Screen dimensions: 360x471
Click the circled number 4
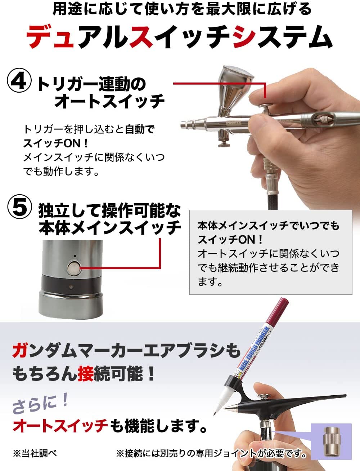coord(19,82)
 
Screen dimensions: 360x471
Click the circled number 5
coord(20,208)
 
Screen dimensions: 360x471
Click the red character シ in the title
coord(245,36)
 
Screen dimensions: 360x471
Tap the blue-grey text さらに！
coord(40,403)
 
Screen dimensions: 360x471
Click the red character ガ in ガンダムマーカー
coord(20,351)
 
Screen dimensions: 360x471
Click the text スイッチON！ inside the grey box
coord(230,240)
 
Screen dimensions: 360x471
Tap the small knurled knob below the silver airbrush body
coord(224,143)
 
